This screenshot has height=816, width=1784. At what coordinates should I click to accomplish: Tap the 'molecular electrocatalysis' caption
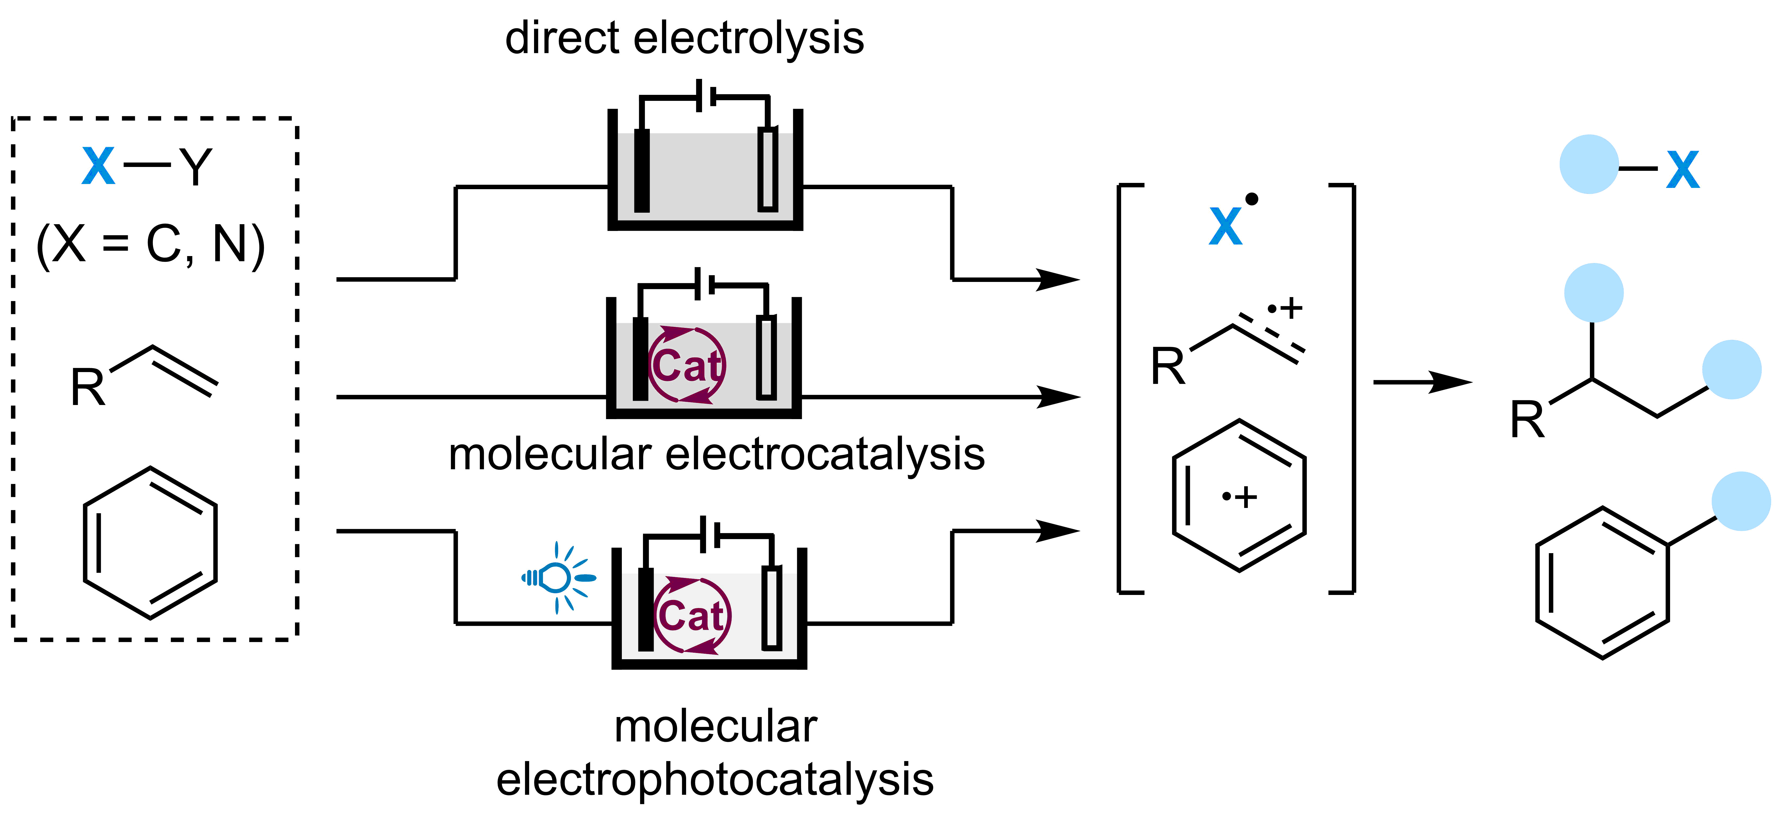[716, 455]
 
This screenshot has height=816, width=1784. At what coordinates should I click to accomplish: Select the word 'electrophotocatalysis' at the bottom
[715, 779]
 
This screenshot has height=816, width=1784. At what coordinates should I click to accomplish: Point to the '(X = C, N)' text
[150, 245]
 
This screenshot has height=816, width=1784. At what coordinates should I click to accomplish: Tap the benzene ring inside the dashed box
[150, 542]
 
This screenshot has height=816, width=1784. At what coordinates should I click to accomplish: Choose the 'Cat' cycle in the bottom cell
[692, 615]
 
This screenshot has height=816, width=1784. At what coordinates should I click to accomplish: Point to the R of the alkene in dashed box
[88, 388]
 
